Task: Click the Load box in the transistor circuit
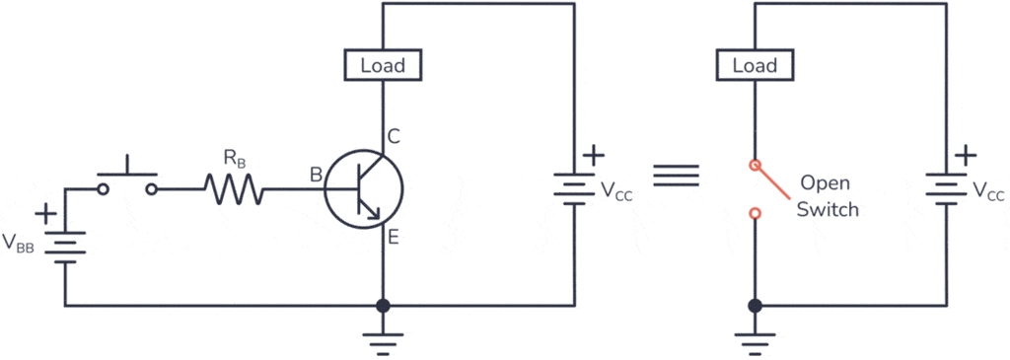point(383,66)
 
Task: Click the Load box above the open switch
point(755,66)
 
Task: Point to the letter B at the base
point(316,176)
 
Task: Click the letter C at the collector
point(394,137)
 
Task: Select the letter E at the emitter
point(394,237)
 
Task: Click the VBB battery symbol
point(65,244)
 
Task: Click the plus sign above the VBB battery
point(44,212)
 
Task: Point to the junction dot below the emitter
point(383,306)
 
